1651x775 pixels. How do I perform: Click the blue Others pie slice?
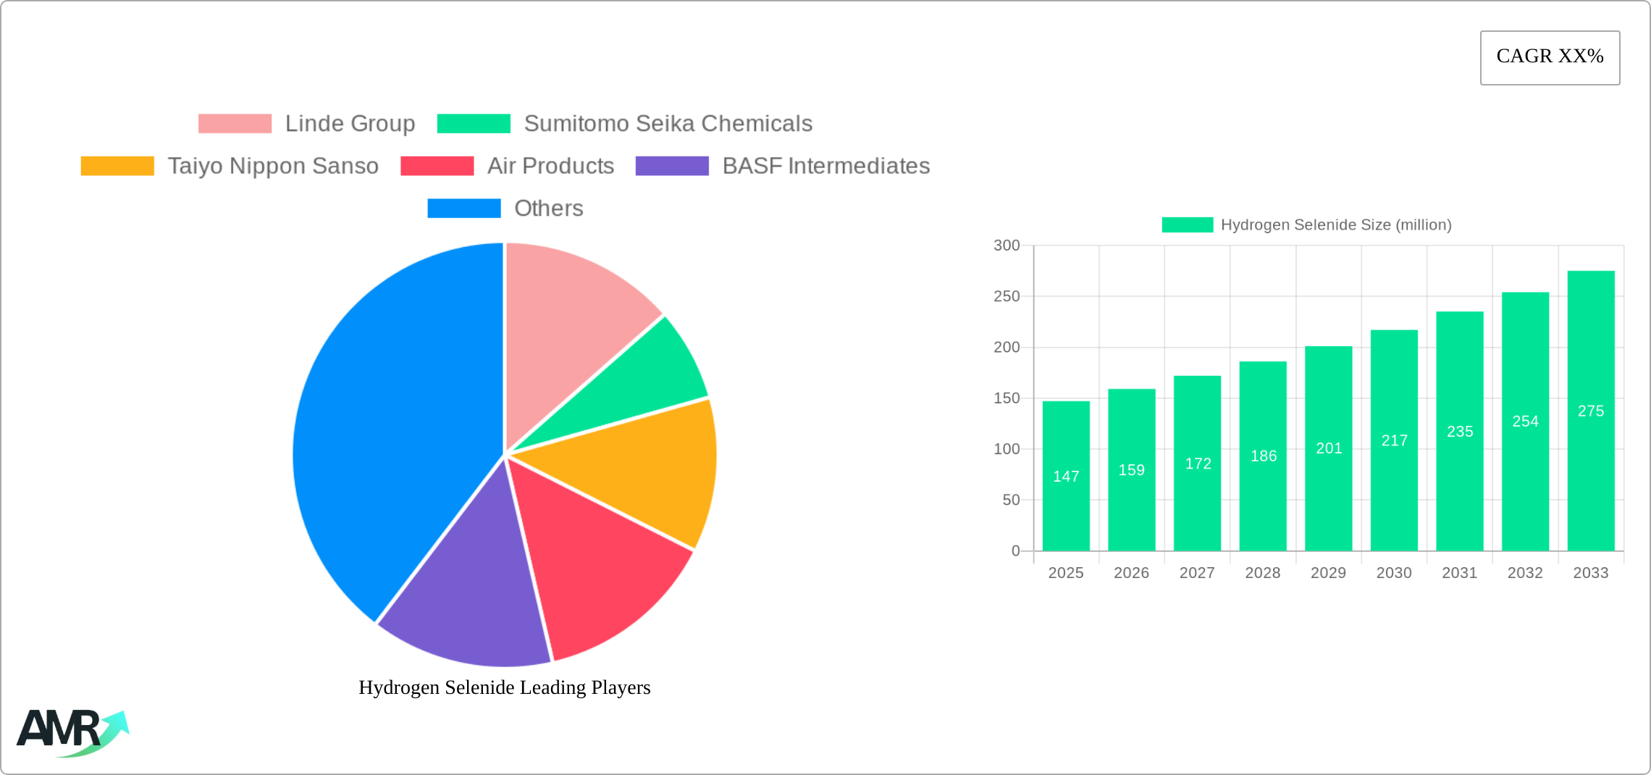pos(391,435)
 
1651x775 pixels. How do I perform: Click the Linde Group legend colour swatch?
pos(235,124)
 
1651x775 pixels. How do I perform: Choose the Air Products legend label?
pos(550,166)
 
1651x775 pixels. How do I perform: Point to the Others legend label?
pos(548,209)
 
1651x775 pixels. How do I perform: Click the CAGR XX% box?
pos(1550,57)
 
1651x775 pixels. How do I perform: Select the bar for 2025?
pos(1066,507)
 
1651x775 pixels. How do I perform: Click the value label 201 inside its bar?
pos(1329,448)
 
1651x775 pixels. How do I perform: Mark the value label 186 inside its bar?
pos(1264,456)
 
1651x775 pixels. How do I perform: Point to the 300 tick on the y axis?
pos(1007,246)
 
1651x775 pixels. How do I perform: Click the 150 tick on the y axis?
pos(1007,398)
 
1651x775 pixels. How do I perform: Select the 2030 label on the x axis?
pos(1394,573)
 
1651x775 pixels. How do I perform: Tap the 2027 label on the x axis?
pos(1197,573)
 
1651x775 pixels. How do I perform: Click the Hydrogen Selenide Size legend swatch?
pos(1187,225)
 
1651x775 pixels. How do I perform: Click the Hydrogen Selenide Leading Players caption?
pos(505,687)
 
